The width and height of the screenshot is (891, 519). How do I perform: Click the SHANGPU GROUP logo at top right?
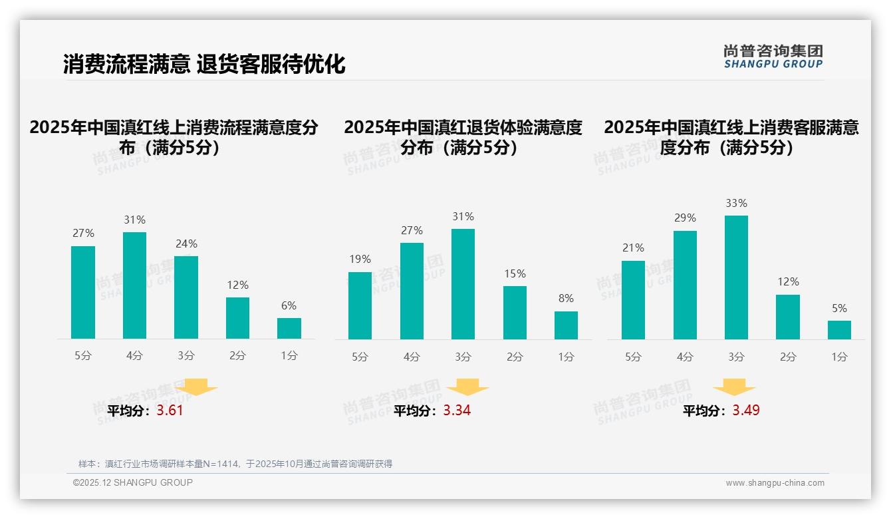tap(773, 57)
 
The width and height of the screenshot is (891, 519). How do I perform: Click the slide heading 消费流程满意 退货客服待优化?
tap(204, 65)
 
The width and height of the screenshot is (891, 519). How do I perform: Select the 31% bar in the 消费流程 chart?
tap(134, 285)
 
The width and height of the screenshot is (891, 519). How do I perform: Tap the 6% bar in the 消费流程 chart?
tap(289, 329)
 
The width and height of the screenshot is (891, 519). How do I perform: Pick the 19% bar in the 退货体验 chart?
tap(360, 305)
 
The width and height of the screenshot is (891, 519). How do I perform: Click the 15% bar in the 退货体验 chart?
tap(515, 313)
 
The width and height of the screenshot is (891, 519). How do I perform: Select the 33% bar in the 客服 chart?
tap(736, 277)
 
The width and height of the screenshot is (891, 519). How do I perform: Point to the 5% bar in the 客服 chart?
tap(839, 330)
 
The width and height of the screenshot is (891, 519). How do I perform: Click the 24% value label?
tap(186, 244)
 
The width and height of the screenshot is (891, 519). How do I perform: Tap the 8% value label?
tap(566, 299)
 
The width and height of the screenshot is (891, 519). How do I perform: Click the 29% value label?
tap(685, 218)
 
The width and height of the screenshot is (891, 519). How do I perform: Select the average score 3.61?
tap(170, 411)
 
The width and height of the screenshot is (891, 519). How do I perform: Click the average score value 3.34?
tap(457, 411)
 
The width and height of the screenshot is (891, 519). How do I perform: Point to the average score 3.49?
tap(746, 411)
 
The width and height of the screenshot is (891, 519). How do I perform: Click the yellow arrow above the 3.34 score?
tap(467, 387)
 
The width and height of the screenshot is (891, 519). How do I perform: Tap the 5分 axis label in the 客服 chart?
tap(633, 357)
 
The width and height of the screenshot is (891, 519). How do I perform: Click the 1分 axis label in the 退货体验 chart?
tap(566, 357)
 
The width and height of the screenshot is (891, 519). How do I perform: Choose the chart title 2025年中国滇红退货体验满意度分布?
tap(463, 137)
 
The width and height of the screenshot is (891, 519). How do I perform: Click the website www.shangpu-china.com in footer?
tap(775, 483)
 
